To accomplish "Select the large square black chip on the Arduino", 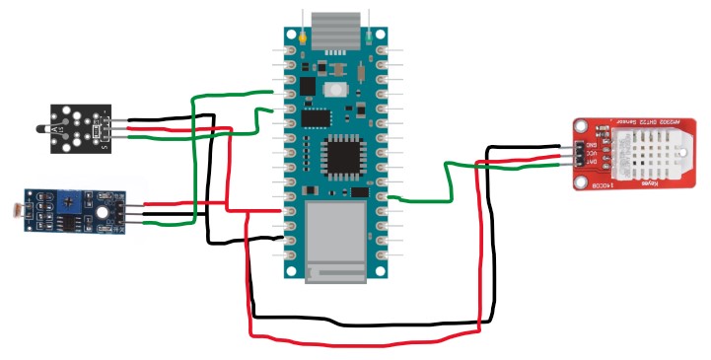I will (x=344, y=155).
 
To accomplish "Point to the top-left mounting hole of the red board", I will (x=583, y=125).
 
